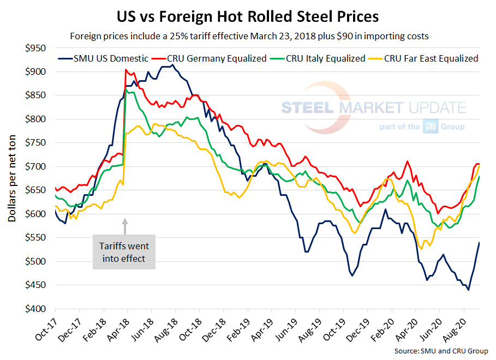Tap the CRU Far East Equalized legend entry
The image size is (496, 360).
pyautogui.click(x=426, y=58)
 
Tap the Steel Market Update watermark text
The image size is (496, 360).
pyautogui.click(x=373, y=107)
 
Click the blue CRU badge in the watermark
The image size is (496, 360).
pyautogui.click(x=429, y=127)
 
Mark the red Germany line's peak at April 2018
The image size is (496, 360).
pyautogui.click(x=126, y=70)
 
